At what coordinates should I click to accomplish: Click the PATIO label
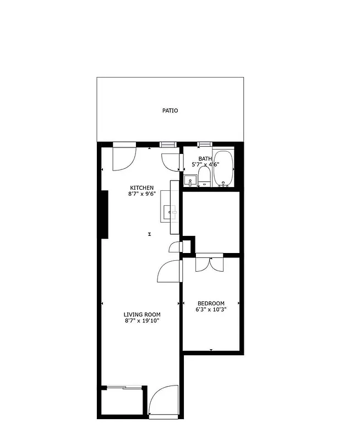170,111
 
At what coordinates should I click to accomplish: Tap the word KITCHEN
141,188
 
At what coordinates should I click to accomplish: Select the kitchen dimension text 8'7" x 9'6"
141,194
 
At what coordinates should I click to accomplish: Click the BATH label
205,159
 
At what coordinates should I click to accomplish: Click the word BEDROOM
211,304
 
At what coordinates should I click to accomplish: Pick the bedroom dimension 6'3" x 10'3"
211,310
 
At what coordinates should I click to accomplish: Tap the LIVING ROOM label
141,315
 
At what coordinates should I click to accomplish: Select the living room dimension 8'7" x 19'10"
141,321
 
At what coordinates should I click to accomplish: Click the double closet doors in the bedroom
210,262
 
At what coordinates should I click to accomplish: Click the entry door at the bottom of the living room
163,401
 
